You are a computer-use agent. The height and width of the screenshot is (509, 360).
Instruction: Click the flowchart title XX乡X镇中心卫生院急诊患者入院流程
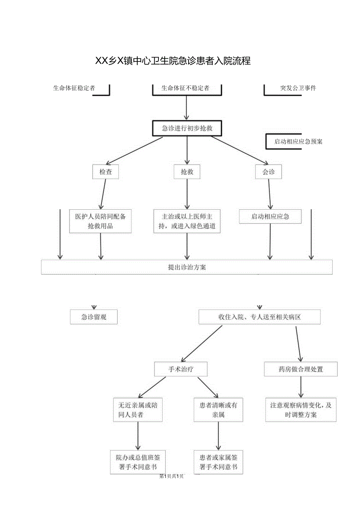click(x=173, y=61)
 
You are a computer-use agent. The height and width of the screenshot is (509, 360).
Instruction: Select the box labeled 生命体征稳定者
click(x=74, y=88)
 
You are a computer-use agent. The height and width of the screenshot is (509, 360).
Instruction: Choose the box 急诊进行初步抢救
click(x=187, y=128)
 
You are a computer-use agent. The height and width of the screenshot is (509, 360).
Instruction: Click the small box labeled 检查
click(x=105, y=172)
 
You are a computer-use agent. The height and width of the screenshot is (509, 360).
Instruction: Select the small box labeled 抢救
click(x=187, y=172)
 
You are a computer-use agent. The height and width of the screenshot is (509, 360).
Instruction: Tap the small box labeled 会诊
click(x=268, y=172)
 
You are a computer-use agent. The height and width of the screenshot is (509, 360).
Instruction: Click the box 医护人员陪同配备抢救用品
click(x=101, y=221)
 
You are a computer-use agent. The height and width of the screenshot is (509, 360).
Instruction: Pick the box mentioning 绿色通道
click(x=187, y=221)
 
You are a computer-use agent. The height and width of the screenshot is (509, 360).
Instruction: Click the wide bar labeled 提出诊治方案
click(x=187, y=267)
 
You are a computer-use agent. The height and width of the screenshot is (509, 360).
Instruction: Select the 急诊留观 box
click(x=94, y=317)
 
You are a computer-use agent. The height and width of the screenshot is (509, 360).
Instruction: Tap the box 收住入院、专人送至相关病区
click(x=259, y=317)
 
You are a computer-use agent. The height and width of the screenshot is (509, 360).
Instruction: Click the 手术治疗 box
click(x=180, y=369)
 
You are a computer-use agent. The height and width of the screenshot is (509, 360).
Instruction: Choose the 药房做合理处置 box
click(x=301, y=369)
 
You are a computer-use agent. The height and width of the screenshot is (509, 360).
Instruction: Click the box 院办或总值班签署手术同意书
click(x=137, y=462)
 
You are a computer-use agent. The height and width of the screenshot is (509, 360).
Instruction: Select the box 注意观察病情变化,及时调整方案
click(x=301, y=410)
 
